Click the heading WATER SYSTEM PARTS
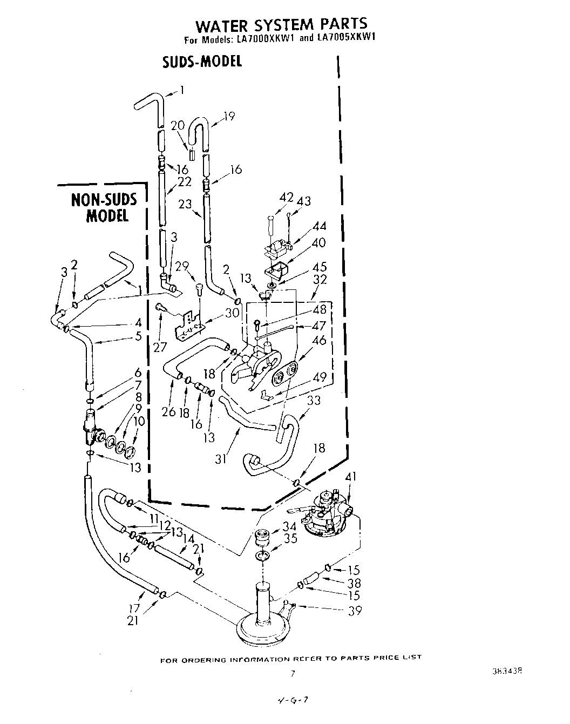click(281, 24)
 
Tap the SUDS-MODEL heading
click(202, 61)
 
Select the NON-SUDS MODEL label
click(105, 208)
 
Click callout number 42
click(286, 198)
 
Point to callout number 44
click(319, 226)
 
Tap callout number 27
click(160, 347)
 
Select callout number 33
click(314, 401)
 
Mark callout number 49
click(320, 377)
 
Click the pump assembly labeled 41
click(324, 513)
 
